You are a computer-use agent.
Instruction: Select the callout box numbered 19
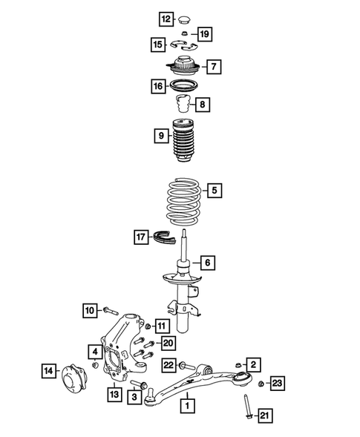tap(205, 33)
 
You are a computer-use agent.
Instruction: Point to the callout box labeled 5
tap(214, 191)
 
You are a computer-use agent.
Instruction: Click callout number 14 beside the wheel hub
tap(48, 369)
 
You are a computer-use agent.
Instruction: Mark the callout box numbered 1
tap(189, 405)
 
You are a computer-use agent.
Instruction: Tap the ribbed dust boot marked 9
tap(182, 142)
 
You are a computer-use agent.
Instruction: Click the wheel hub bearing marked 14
tap(74, 369)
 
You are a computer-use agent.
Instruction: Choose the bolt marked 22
tap(189, 364)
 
